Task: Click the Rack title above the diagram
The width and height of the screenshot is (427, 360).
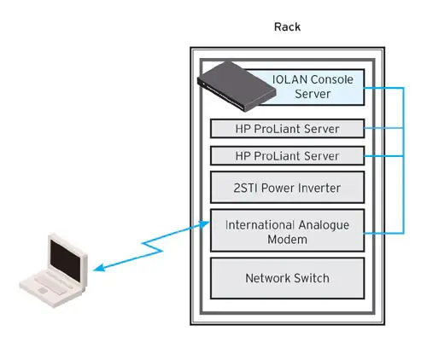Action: pos(287,27)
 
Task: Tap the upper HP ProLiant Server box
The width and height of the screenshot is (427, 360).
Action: pos(288,129)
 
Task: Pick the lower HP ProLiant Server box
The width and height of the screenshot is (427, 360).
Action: pos(288,156)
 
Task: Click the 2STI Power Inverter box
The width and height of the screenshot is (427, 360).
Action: pos(288,187)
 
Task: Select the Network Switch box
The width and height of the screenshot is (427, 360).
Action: pos(288,278)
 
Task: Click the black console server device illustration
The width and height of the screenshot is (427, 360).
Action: pos(229,83)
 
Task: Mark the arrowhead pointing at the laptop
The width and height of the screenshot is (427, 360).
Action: pos(97,270)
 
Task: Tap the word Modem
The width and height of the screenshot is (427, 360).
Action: pos(287,240)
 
